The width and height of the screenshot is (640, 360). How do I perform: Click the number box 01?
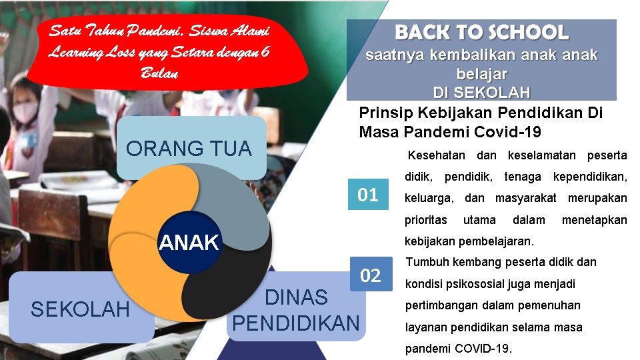(368, 194)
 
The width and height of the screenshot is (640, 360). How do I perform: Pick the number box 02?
(371, 274)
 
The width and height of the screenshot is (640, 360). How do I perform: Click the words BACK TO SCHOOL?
(481, 32)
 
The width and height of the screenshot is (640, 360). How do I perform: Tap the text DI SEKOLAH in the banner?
(481, 93)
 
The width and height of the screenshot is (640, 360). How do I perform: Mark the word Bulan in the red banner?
(159, 73)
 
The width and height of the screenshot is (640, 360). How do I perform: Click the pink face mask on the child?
(25, 112)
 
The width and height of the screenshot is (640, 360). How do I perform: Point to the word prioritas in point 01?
(426, 220)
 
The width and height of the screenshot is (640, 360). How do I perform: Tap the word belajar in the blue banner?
(481, 74)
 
